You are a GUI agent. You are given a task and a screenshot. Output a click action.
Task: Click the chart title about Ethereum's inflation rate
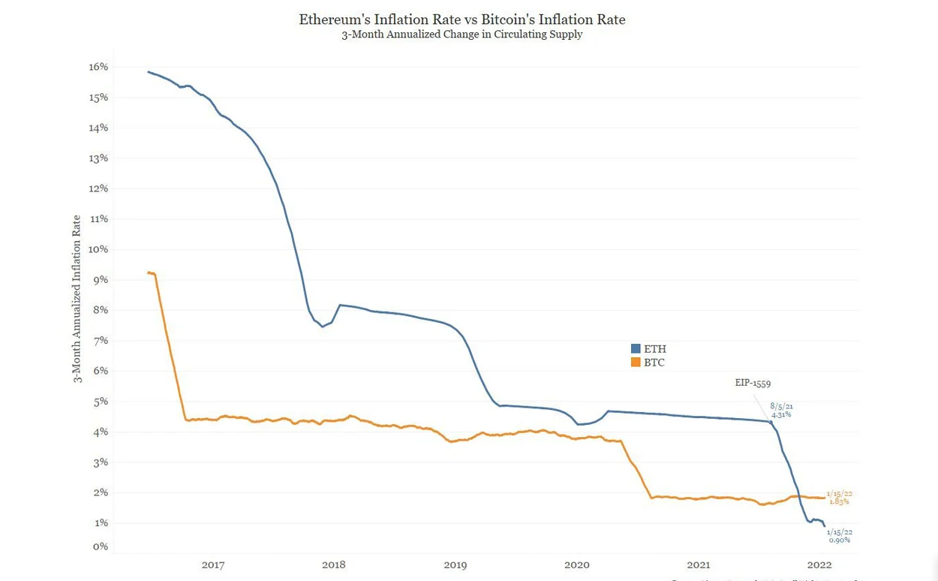tap(461, 19)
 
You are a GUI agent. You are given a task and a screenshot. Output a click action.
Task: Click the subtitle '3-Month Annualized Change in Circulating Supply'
tap(461, 35)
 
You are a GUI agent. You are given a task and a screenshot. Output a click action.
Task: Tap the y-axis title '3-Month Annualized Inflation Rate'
tap(77, 299)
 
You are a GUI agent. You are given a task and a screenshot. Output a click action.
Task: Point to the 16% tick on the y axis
tap(99, 67)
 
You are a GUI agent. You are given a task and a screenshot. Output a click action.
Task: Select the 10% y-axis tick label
tap(99, 249)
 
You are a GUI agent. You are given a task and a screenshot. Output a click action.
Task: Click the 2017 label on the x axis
tap(213, 564)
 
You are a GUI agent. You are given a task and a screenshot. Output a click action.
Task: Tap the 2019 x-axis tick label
tap(455, 564)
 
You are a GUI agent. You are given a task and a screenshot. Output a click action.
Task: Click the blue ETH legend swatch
tap(636, 349)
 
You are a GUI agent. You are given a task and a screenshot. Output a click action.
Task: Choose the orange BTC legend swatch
tap(636, 363)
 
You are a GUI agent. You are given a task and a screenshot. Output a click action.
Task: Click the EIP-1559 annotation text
tap(753, 383)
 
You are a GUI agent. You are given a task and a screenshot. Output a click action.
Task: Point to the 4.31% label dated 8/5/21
tap(781, 414)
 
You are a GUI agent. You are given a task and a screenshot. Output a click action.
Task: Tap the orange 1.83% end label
tap(839, 501)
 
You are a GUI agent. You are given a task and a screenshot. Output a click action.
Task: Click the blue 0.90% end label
tap(839, 540)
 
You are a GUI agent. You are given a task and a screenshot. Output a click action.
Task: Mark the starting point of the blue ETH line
tap(149, 72)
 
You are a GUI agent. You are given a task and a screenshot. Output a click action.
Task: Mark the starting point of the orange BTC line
tap(149, 272)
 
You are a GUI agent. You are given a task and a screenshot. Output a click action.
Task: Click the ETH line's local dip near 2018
tap(323, 327)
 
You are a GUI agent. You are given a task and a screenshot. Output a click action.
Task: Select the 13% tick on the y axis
tap(99, 158)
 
